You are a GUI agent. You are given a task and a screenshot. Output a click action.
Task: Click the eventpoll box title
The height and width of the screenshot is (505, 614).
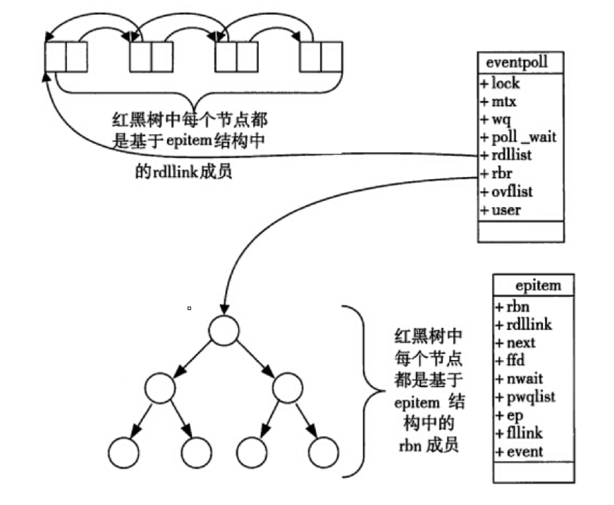516,63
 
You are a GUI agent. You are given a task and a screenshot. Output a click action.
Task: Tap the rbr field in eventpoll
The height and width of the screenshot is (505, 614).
502,173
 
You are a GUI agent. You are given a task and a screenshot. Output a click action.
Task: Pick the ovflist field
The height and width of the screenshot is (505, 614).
512,192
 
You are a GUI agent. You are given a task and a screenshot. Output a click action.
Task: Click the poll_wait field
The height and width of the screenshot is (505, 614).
523,137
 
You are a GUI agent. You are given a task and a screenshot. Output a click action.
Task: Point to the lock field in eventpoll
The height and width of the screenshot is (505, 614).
505,83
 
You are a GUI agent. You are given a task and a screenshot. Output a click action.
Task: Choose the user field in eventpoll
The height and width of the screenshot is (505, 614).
506,210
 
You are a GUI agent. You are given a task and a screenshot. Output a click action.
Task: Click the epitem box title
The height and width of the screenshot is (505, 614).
538,285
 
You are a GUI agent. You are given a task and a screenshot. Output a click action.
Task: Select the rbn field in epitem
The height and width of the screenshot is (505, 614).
518,307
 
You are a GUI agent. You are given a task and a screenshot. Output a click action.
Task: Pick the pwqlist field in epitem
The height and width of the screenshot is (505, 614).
530,397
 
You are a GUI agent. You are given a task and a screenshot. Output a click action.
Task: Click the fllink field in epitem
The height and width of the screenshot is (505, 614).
524,433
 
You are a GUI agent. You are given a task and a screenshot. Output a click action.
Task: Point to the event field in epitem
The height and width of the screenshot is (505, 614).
525,452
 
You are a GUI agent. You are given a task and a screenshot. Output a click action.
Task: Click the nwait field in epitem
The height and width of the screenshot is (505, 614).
524,379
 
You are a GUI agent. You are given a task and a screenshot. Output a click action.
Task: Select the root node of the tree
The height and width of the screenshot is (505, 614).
223,330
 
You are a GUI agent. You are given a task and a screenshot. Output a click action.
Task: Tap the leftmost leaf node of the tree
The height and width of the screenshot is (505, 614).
123,452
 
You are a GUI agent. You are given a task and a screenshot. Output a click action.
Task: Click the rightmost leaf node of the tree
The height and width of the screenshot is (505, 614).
323,452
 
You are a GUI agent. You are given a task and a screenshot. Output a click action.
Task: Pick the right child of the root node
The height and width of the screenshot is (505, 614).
287,388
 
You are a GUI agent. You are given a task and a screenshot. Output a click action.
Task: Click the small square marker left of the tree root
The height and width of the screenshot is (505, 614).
189,308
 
